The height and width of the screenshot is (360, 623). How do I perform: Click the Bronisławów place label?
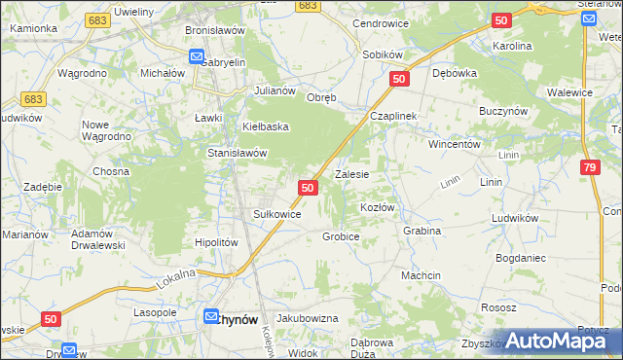[214, 30]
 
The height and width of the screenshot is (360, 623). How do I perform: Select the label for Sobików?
[382, 54]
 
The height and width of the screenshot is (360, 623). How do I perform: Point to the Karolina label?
[512, 46]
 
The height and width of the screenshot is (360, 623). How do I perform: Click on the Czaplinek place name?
[392, 116]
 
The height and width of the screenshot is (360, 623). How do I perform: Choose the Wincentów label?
[456, 143]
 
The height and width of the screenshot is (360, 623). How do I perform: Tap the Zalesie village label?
[351, 175]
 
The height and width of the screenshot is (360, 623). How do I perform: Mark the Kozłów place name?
[378, 208]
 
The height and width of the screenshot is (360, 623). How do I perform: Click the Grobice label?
[341, 236]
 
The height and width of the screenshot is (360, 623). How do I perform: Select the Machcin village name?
[421, 275]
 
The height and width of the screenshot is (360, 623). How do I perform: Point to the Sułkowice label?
[277, 213]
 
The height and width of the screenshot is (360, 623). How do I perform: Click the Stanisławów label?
[238, 153]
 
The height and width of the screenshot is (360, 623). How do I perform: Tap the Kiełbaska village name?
[267, 126]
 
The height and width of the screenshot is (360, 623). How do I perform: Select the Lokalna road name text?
[175, 280]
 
